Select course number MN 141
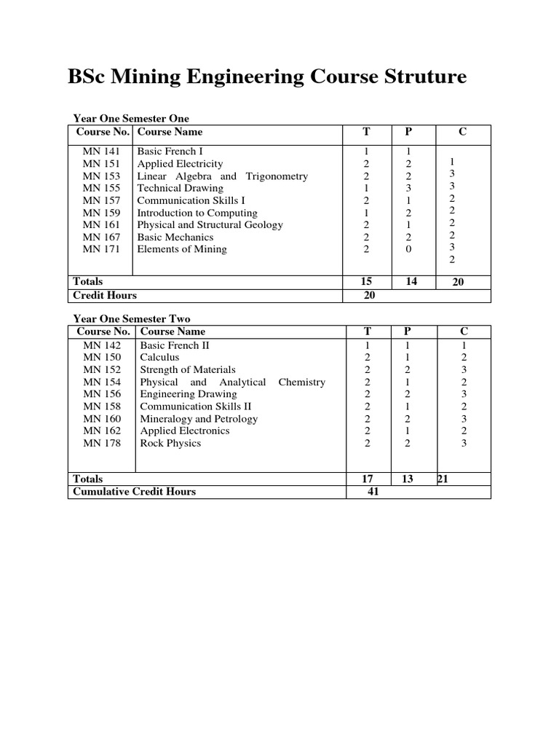pos(101,152)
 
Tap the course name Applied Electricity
pos(180,164)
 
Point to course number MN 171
pos(101,249)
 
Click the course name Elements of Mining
pos(182,249)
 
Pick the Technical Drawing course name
pos(180,188)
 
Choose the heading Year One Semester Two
pos(131,319)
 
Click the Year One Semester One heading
pos(131,119)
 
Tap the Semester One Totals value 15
pos(366,281)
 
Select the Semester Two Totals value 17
pos(368,479)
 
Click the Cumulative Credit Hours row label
pos(135,492)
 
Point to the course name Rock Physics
pos(170,443)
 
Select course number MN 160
pos(102,419)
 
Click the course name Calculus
pos(159,358)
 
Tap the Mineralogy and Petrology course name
pos(199,419)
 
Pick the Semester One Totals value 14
pos(411,281)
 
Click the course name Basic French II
pos(175,345)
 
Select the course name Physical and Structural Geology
pos(210,225)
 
